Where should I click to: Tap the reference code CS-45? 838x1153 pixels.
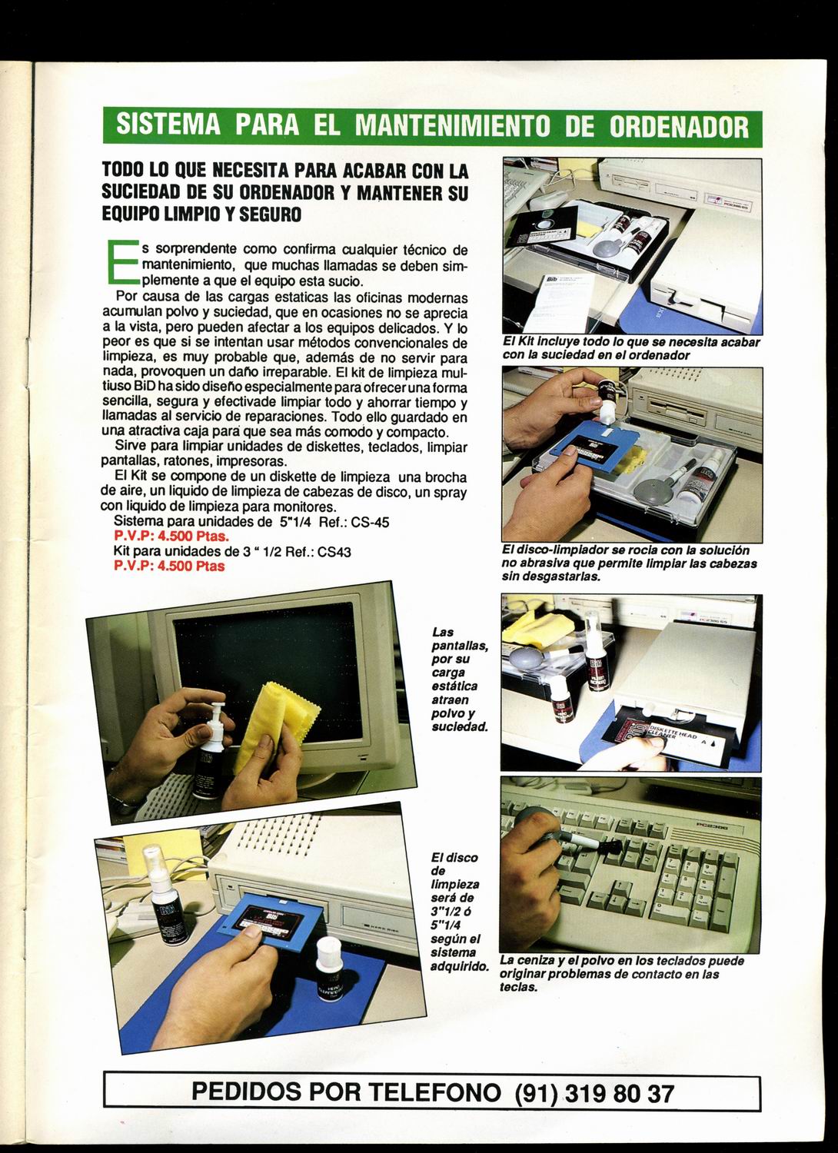[370, 523]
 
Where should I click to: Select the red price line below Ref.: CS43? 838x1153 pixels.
[169, 566]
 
